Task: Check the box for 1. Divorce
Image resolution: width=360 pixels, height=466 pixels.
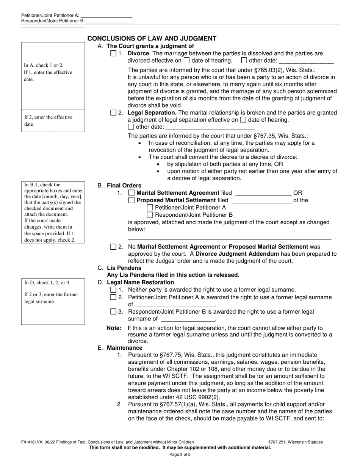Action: tap(113, 54)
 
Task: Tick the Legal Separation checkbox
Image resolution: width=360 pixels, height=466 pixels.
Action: tap(113, 113)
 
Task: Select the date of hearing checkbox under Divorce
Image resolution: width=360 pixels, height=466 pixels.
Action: tap(187, 60)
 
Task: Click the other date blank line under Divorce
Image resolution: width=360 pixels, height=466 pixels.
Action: tap(306, 61)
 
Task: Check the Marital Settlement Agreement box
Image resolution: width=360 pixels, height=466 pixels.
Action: tap(131, 193)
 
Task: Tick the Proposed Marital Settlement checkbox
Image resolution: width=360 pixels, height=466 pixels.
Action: tap(131, 200)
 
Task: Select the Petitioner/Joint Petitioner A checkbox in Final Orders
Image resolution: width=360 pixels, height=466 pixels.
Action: tap(150, 207)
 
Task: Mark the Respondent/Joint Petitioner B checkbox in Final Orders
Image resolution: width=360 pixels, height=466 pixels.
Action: tap(150, 215)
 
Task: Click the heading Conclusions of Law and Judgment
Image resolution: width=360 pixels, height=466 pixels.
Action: tap(152, 38)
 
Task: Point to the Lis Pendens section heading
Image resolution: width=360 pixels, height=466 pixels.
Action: tap(119, 268)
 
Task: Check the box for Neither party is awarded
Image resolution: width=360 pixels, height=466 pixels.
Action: tap(113, 289)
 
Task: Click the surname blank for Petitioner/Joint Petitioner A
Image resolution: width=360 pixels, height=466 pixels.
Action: tap(175, 305)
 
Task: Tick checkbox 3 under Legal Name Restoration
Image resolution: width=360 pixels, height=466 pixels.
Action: tap(113, 312)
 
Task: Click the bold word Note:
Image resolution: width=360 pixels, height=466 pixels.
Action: tap(114, 328)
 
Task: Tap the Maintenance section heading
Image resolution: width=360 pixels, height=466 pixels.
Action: tap(125, 348)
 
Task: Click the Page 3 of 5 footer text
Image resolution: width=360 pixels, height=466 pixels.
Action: tap(180, 454)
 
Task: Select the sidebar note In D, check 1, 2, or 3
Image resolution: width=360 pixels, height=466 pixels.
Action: tap(47, 283)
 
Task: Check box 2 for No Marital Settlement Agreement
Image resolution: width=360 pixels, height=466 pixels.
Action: tap(113, 247)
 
